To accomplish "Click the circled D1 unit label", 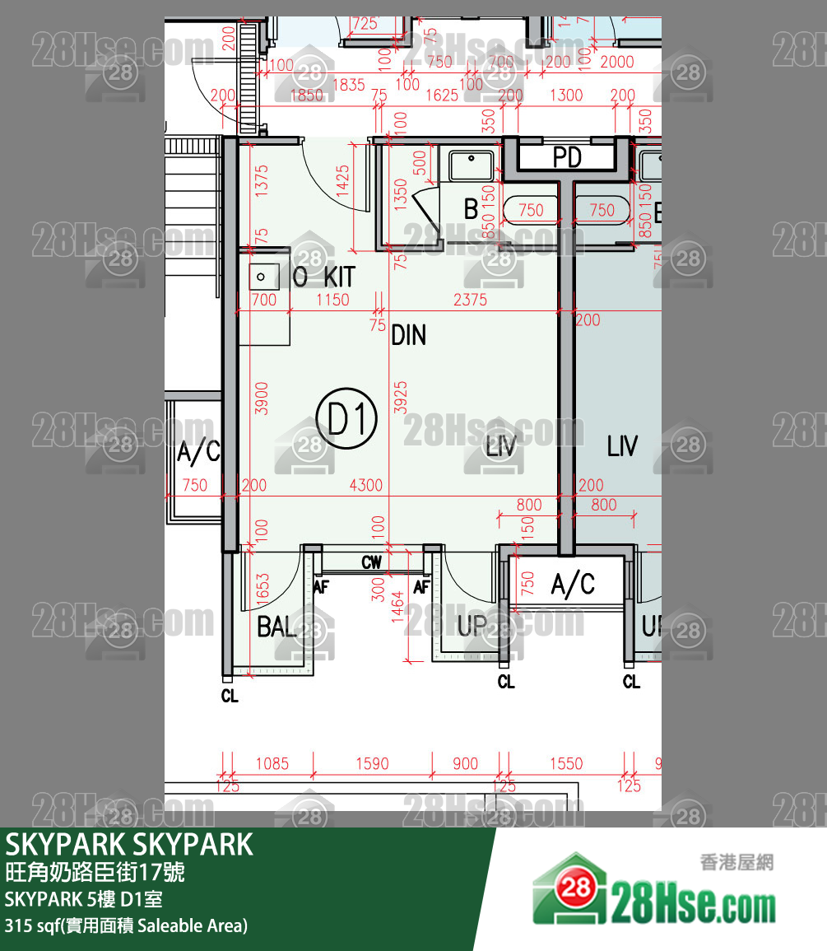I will tap(352, 419).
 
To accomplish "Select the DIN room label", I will tap(408, 335).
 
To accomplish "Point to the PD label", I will tap(567, 156).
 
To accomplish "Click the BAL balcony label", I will tap(276, 627).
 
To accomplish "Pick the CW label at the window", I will tap(372, 563).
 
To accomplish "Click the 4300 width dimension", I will tap(365, 485).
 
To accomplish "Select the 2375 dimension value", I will tap(470, 300).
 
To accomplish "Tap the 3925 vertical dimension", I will tap(401, 398).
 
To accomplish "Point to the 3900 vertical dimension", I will tap(262, 398).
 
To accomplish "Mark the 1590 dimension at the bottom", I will tap(372, 763).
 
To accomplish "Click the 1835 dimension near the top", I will tap(348, 84).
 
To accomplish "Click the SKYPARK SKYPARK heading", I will tap(130, 845).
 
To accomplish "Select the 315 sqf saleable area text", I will tap(126, 925).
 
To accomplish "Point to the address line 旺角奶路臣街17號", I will tap(95, 871).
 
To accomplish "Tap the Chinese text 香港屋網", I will tap(736, 862).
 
